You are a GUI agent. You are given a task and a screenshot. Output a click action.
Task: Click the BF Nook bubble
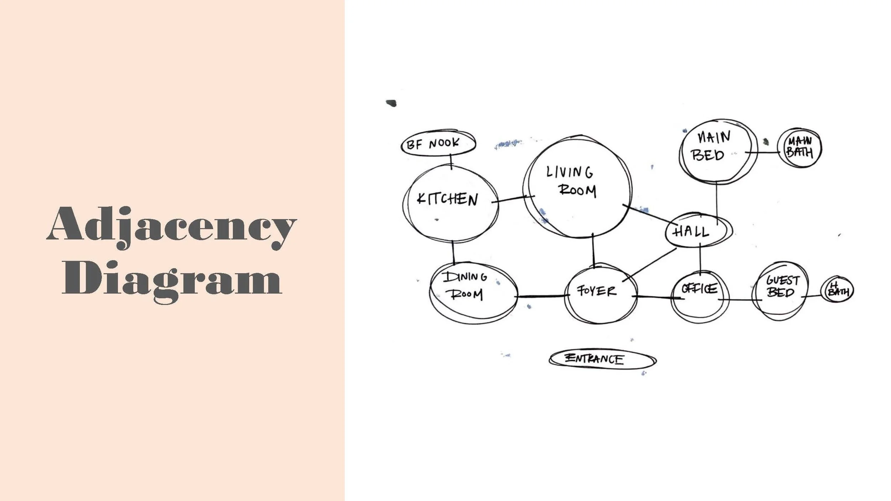click(x=438, y=144)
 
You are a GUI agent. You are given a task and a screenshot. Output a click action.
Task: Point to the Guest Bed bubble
click(x=780, y=290)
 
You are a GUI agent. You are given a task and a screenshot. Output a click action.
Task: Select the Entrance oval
click(x=602, y=359)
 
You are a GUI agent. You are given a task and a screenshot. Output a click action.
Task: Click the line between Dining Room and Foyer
click(x=541, y=296)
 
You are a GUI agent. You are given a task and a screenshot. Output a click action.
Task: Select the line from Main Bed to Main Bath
click(x=763, y=153)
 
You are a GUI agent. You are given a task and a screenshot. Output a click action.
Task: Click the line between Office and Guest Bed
click(x=740, y=300)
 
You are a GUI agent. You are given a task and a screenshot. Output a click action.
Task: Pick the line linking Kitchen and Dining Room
click(x=453, y=252)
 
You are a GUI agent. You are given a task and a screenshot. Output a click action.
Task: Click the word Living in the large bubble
click(x=570, y=172)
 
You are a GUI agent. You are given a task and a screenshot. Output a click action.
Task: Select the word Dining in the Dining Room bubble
click(x=465, y=277)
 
